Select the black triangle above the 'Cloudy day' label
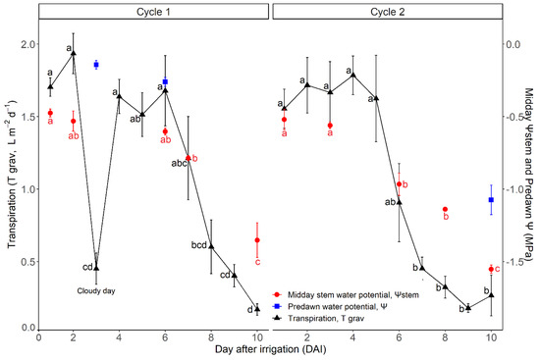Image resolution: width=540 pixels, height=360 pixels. [x=96, y=239]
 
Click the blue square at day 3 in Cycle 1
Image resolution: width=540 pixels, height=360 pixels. [x=96, y=65]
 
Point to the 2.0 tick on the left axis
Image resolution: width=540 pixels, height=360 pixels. [x=24, y=45]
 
